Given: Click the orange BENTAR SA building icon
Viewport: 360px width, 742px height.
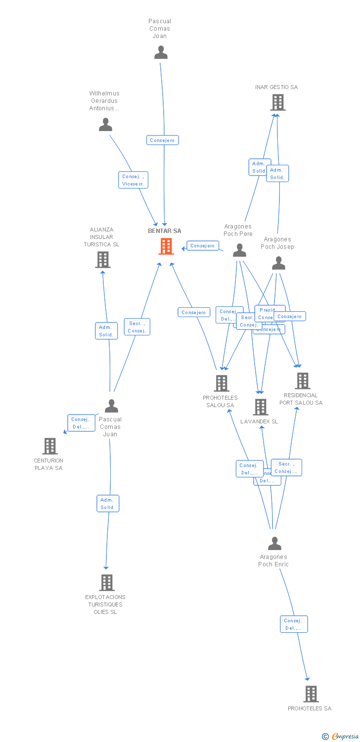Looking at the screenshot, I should pyautogui.click(x=166, y=246).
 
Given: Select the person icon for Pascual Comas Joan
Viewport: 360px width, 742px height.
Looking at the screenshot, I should pyautogui.click(x=161, y=52).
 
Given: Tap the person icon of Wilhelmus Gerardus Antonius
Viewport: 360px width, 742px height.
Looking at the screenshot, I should pyautogui.click(x=105, y=125).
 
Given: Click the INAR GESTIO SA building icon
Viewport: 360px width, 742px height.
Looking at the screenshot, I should pyautogui.click(x=278, y=102).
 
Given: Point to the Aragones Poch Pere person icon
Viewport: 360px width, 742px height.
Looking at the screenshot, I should pyautogui.click(x=239, y=250).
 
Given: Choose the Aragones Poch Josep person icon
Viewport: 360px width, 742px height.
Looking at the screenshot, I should pyautogui.click(x=278, y=263).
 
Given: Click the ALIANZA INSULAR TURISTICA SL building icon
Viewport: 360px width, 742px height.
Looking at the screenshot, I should pyautogui.click(x=102, y=259).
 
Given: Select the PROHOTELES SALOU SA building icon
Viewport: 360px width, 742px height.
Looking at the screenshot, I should pyautogui.click(x=221, y=383).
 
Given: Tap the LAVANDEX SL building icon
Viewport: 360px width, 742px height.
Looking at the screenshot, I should pyautogui.click(x=261, y=407).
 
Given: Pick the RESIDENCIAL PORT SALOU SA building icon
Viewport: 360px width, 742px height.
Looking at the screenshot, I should pyautogui.click(x=302, y=380).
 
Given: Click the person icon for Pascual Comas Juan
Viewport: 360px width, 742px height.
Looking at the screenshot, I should pyautogui.click(x=111, y=406).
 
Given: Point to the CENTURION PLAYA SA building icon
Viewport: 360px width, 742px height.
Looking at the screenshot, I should pyautogui.click(x=49, y=446).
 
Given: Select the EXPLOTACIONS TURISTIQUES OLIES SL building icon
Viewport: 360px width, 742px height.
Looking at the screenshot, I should pyautogui.click(x=106, y=582).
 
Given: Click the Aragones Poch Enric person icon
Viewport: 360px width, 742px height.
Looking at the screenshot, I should pyautogui.click(x=274, y=543).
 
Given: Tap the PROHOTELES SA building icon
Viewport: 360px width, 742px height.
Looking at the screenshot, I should pyautogui.click(x=311, y=694).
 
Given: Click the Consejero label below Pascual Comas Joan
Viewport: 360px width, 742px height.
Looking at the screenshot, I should pyautogui.click(x=162, y=140).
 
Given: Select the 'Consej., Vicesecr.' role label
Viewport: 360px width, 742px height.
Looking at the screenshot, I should pyautogui.click(x=133, y=180).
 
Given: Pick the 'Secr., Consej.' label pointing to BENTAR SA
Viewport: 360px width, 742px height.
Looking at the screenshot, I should pyautogui.click(x=136, y=327).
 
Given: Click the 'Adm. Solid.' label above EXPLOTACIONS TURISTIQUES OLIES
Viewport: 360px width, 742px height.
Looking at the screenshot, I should pyautogui.click(x=108, y=504).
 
